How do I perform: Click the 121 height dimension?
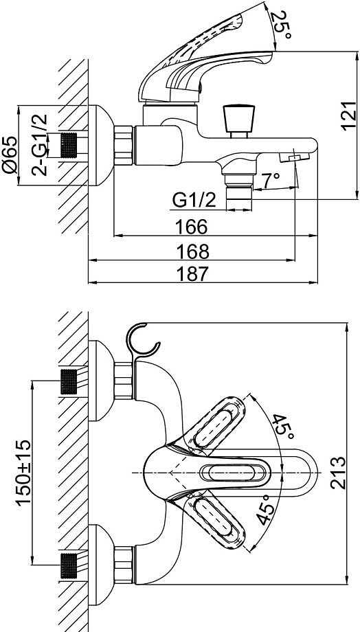click(349, 116)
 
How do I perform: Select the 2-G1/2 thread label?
click(39, 145)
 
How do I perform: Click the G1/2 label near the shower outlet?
click(194, 201)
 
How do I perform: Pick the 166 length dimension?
click(192, 227)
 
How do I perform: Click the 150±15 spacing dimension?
click(23, 473)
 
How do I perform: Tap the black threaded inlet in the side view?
click(69, 145)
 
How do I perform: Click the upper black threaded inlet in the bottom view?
click(69, 381)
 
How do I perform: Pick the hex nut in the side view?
click(124, 145)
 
